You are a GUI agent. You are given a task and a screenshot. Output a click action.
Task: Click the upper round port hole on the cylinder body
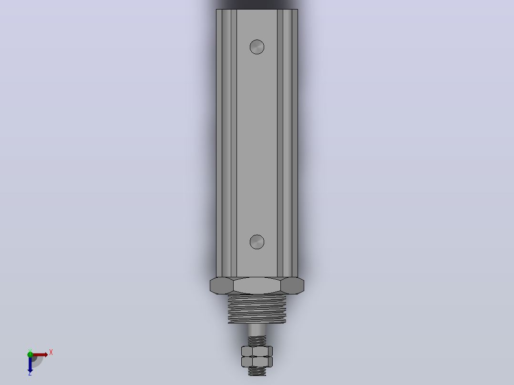(x=257, y=47)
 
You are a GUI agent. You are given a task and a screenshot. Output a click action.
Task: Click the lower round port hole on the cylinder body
(x=257, y=242)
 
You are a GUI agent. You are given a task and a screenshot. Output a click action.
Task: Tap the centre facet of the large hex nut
(x=257, y=285)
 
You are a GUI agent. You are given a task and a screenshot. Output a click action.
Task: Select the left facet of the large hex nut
(x=222, y=285)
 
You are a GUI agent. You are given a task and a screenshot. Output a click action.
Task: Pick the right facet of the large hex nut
(x=292, y=285)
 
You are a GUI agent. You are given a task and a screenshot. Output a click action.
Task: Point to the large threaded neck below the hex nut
(x=257, y=309)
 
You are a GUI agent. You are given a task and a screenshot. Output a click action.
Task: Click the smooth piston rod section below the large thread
(x=257, y=330)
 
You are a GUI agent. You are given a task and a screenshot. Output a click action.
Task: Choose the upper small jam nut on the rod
(x=257, y=351)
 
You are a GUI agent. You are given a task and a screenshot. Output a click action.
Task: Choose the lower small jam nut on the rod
(x=257, y=362)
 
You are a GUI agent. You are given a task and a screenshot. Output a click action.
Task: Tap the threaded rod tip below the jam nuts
(x=257, y=371)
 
